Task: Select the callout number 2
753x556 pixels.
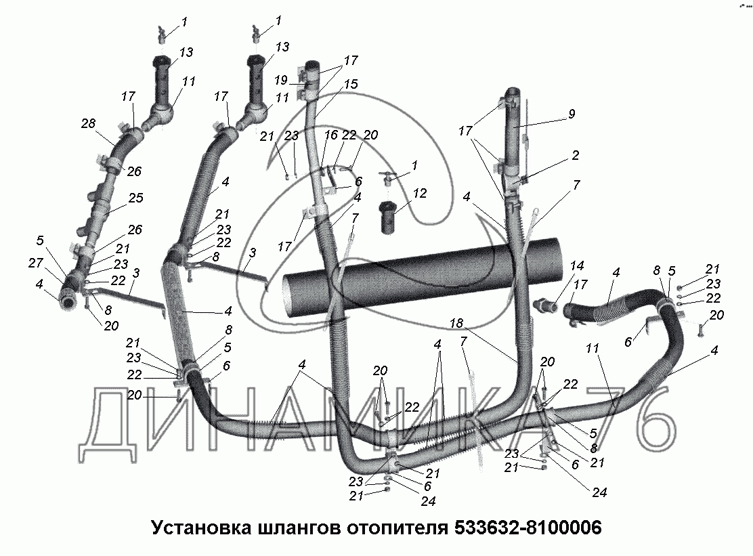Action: [x=575, y=156]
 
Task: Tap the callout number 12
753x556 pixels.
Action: [x=420, y=194]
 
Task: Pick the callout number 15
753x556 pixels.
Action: [x=350, y=85]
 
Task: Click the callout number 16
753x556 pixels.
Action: [x=330, y=135]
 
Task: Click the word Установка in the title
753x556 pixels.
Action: [x=198, y=527]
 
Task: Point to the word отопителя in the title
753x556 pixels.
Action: [x=394, y=527]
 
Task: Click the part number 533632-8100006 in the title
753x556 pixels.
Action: [x=524, y=527]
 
